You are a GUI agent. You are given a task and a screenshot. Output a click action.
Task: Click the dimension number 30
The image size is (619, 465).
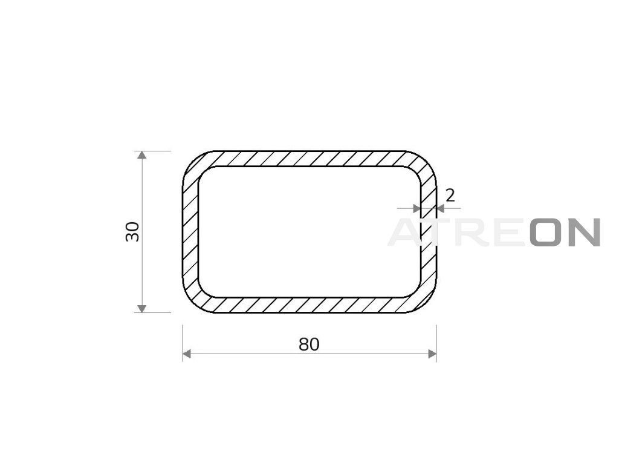tap(132, 232)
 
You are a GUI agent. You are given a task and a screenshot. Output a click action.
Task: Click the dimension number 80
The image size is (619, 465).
tap(309, 345)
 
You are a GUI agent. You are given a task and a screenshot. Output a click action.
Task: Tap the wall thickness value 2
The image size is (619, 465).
tap(450, 196)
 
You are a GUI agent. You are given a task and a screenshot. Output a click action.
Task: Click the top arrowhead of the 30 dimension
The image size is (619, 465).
tap(142, 155)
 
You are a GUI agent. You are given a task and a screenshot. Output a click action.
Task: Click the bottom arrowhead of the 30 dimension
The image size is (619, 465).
tap(142, 308)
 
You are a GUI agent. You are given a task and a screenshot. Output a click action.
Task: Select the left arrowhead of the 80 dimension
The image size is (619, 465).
tap(187, 354)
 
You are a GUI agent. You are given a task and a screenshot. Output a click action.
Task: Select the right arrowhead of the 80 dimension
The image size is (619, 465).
tap(432, 354)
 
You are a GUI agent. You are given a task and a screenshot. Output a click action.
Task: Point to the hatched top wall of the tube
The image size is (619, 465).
tap(309, 159)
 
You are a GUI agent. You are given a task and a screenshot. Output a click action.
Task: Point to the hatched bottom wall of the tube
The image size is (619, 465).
tap(309, 305)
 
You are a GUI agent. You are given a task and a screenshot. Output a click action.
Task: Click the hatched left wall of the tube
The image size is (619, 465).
tap(190, 232)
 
